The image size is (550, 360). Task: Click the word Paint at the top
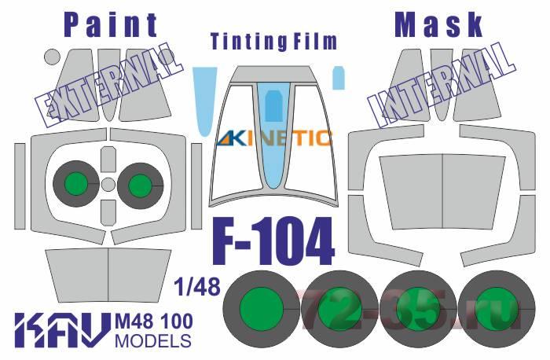click(x=112, y=25)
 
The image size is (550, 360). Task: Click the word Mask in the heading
click(x=438, y=25)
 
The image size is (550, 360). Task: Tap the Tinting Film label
click(x=274, y=42)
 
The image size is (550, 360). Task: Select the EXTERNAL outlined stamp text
click(x=109, y=86)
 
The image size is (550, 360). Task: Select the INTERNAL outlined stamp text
click(x=442, y=85)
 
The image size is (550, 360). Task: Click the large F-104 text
click(x=273, y=242)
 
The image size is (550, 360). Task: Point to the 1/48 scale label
click(x=198, y=287)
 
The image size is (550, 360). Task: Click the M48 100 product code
click(x=154, y=321)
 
